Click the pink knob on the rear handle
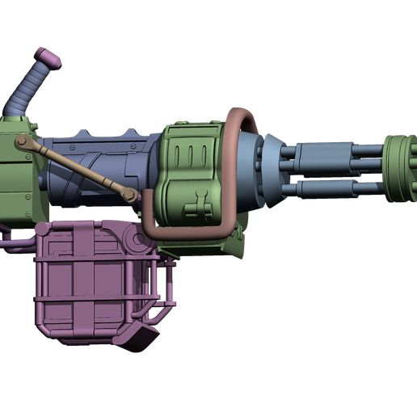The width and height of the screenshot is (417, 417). click(x=47, y=57)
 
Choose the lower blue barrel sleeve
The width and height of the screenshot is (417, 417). click(x=339, y=188)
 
